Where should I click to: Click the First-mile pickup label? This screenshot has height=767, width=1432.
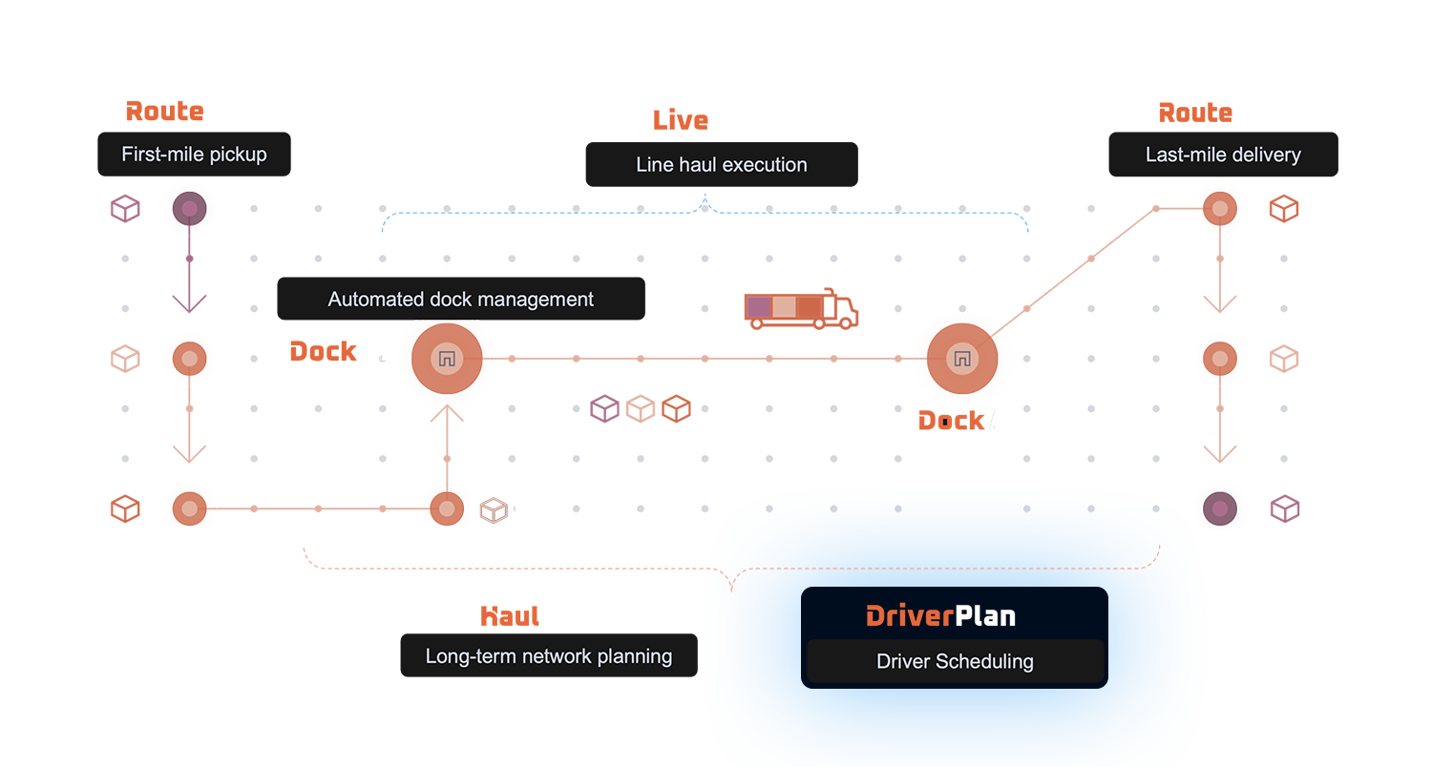point(194,155)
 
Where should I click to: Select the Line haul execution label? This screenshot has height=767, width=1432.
point(721,165)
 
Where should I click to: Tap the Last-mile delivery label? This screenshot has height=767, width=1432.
point(1223,155)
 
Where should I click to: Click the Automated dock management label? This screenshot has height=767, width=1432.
point(460,300)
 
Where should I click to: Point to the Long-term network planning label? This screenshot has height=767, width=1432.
point(548,656)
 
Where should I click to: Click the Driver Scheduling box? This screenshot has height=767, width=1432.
point(955,661)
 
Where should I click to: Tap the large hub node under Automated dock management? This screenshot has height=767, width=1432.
point(446,360)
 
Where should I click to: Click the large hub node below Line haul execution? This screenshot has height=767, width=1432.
point(961,359)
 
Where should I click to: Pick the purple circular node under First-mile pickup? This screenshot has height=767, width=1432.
point(189,207)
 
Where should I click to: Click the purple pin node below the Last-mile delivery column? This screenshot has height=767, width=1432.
point(1219,508)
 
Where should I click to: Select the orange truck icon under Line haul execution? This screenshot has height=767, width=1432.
point(800,312)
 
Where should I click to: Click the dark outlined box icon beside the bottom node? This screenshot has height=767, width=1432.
point(493,509)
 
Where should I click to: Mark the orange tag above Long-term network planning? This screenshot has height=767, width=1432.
point(511,619)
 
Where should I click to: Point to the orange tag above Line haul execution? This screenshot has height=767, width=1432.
point(682,125)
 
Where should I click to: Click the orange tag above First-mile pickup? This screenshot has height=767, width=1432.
point(165,115)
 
